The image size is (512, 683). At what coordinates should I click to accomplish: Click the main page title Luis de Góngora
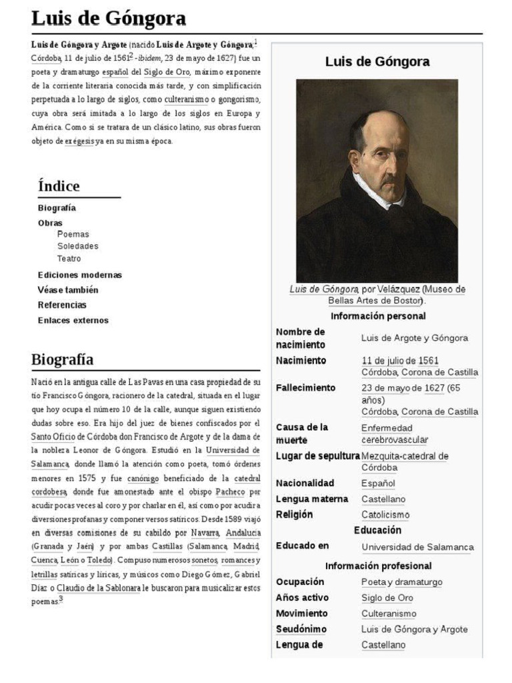pos(109,18)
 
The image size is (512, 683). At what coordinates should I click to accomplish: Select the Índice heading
pos(59,186)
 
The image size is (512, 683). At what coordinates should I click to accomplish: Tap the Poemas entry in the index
pos(73,234)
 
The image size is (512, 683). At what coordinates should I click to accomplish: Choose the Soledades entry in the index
pos(77,246)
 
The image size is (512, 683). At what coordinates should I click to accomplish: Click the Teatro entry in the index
pos(69,258)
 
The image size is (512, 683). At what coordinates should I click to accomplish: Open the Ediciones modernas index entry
pos(80,275)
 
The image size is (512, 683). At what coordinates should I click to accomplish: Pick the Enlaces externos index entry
pos(73,320)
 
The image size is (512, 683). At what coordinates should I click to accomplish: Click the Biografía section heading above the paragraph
pos(63,360)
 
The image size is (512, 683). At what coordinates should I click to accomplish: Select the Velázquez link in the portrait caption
pos(398,289)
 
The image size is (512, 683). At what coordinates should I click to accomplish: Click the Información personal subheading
pos(377,316)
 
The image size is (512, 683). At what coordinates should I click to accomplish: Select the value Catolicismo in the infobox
pos(385,515)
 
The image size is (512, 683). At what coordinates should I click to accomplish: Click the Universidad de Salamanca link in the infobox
pos(417,547)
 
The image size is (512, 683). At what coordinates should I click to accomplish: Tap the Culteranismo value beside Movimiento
pos(389,614)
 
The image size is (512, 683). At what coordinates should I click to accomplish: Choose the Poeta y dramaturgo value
pos(401,582)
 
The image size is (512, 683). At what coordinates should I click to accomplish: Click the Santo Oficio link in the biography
pos(55,436)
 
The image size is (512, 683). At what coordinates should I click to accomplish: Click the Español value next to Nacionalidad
pos(378,483)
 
